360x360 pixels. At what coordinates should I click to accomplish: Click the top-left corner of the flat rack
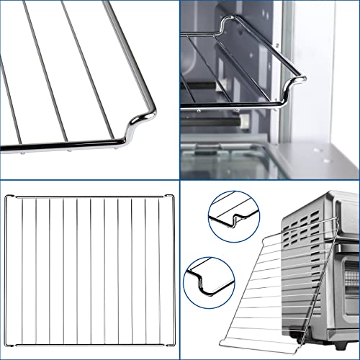pos(6,195)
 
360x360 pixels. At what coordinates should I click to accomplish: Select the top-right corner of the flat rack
pos(171,195)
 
